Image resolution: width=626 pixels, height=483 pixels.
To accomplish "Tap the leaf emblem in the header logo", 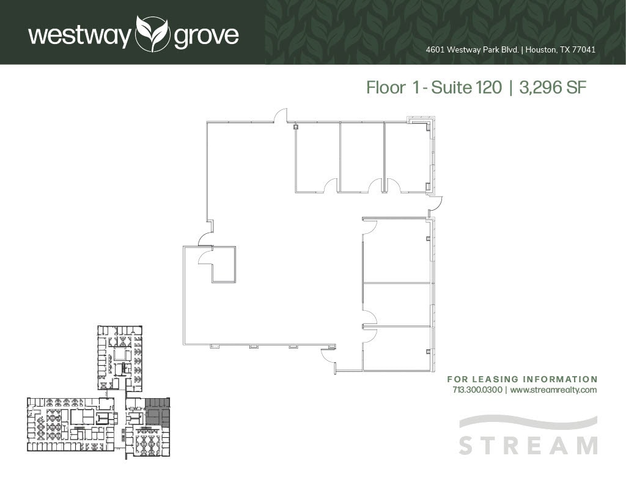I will tap(152, 34).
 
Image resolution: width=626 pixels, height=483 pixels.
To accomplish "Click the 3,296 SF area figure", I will tap(553, 88).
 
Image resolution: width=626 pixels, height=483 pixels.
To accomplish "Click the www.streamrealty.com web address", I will tap(553, 390).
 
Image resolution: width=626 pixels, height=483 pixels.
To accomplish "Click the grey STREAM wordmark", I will tap(528, 445).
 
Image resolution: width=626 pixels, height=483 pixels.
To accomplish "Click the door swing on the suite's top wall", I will tap(280, 116).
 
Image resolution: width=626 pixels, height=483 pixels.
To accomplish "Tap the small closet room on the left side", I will tap(223, 264).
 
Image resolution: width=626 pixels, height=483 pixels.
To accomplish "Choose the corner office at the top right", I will tap(407, 156).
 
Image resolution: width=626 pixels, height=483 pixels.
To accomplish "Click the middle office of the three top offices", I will tap(362, 156).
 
